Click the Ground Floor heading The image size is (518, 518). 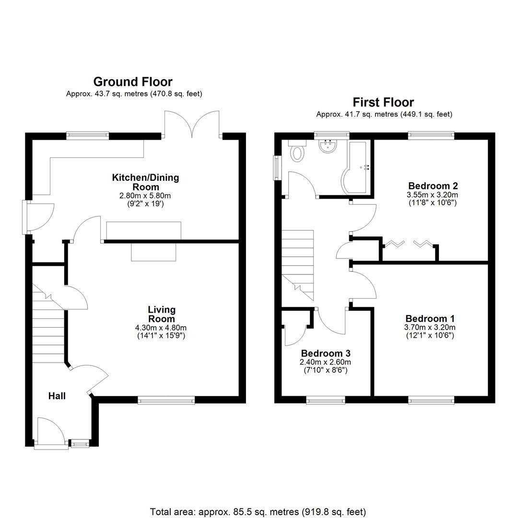pos(133,82)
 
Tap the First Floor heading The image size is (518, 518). pos(383,102)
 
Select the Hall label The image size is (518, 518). pos(57,396)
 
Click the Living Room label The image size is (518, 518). pos(161,314)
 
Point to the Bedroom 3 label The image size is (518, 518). pos(325,353)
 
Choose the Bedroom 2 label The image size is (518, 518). pos(433,186)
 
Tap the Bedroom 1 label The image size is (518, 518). pos(430,318)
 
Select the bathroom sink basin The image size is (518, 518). pos(328,146)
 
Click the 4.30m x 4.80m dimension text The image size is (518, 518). pos(161,328)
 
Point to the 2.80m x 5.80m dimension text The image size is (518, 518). pos(145,196)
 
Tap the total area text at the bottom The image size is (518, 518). pos(258,512)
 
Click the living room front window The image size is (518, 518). pos(166,400)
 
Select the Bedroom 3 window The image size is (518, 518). pos(325,400)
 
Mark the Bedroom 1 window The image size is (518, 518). pos(431,400)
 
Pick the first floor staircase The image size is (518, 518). pos(297,264)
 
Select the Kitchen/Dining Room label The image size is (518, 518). pos(145,182)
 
